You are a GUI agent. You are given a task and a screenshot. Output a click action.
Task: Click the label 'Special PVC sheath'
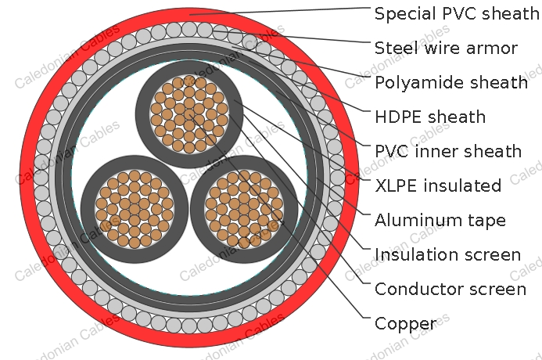pyautogui.click(x=457, y=13)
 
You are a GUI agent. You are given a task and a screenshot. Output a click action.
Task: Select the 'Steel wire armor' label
pyautogui.click(x=446, y=48)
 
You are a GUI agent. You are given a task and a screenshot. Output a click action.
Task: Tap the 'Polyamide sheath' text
pyautogui.click(x=451, y=83)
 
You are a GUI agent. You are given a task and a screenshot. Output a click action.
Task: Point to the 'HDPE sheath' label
pyautogui.click(x=430, y=117)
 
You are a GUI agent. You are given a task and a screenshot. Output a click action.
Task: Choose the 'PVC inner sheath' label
pyautogui.click(x=448, y=151)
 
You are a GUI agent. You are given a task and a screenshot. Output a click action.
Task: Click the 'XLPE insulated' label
pyautogui.click(x=438, y=185)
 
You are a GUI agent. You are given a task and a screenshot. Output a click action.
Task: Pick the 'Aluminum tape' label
pyautogui.click(x=440, y=221)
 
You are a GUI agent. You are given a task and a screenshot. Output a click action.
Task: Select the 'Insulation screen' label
pyautogui.click(x=447, y=254)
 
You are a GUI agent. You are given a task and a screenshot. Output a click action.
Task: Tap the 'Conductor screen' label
pyautogui.click(x=450, y=289)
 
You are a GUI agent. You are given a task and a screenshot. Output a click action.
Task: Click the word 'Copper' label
pyautogui.click(x=405, y=324)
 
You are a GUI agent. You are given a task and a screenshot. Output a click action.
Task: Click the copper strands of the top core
pyautogui.click(x=189, y=114)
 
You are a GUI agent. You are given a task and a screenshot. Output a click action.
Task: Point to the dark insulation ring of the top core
pyautogui.click(x=142, y=114)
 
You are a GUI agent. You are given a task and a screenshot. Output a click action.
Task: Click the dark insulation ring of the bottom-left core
pyautogui.click(x=88, y=209)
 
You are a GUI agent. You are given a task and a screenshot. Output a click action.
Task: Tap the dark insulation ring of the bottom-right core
pyautogui.click(x=291, y=209)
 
